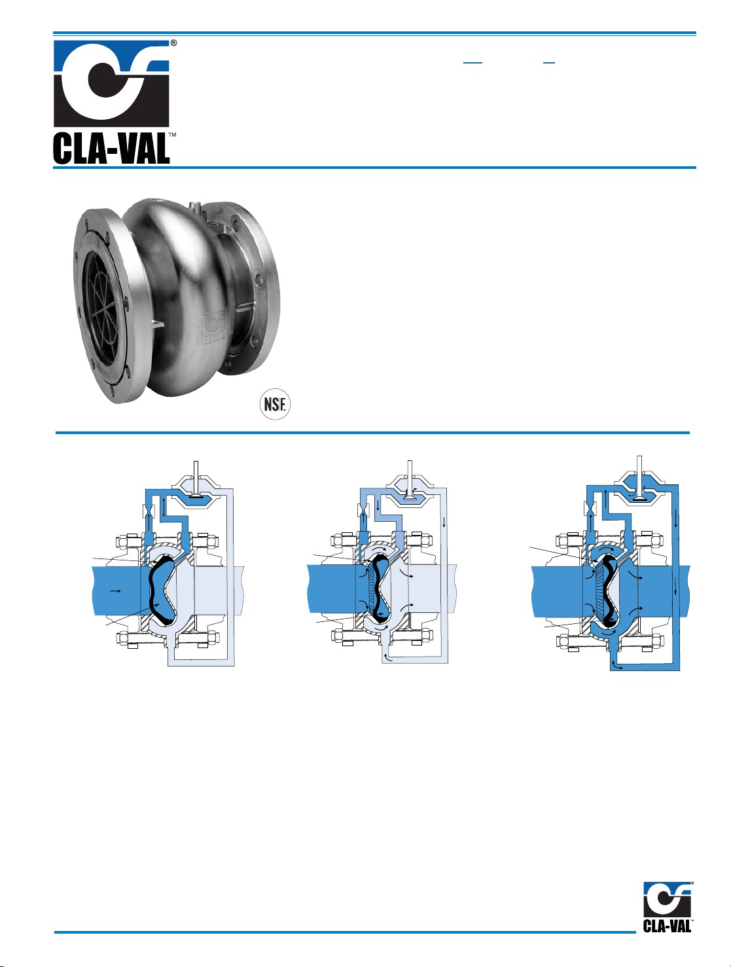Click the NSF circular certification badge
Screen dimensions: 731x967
coord(275,404)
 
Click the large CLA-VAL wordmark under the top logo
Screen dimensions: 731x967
coord(111,149)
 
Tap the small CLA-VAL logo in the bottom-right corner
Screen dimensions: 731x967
coord(668,907)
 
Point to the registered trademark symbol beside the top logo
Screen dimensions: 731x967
coord(173,43)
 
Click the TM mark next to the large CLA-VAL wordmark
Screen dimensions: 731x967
coord(173,135)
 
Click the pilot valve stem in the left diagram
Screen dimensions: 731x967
coord(196,479)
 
